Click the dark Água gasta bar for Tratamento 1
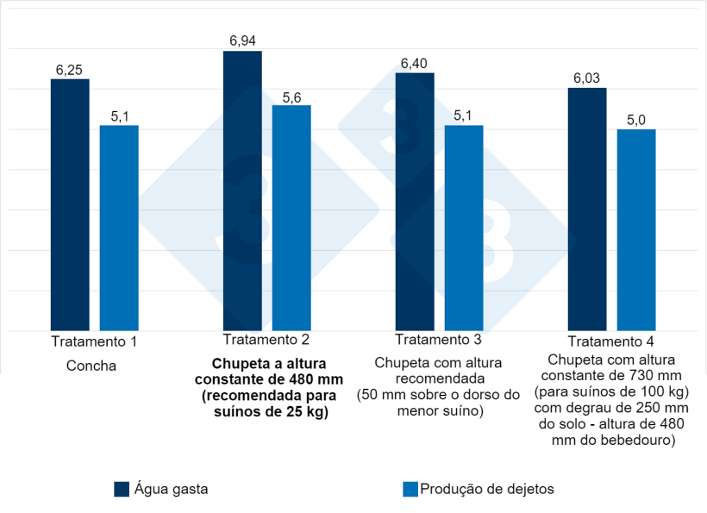click(x=70, y=205)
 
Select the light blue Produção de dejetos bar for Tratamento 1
click(x=119, y=228)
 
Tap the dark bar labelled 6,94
click(x=242, y=191)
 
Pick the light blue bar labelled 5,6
click(x=291, y=218)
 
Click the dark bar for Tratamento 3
click(x=415, y=202)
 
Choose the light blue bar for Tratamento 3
click(x=464, y=228)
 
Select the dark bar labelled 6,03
click(x=587, y=210)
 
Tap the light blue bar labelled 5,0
click(x=636, y=230)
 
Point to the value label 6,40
click(x=415, y=64)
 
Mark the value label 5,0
click(x=636, y=120)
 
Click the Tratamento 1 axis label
click(x=94, y=341)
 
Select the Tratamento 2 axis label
click(x=266, y=339)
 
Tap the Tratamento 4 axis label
click(x=611, y=341)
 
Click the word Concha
click(x=91, y=366)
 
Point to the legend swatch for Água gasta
click(x=122, y=489)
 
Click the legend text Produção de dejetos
click(x=486, y=489)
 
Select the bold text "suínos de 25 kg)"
click(x=266, y=412)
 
